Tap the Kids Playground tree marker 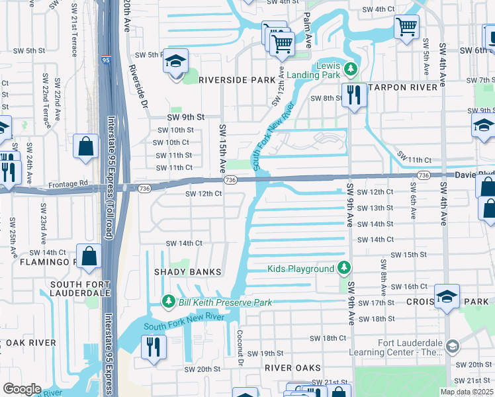343,269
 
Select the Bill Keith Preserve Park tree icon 169,302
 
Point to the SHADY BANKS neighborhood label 187,272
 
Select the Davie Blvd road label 474,175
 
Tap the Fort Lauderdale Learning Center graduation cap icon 452,346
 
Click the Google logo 22,389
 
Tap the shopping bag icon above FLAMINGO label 89,255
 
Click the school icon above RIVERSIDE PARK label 176,62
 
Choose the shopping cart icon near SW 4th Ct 406,27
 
